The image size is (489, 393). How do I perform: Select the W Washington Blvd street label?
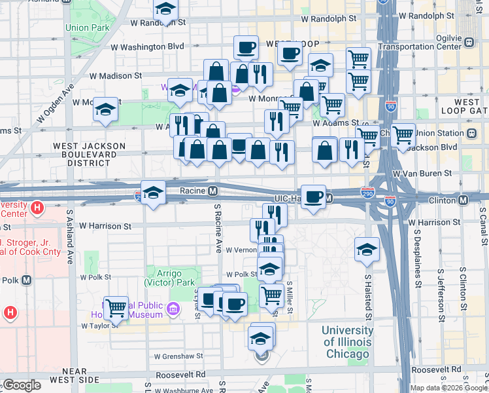147,47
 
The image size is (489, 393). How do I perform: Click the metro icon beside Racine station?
212,191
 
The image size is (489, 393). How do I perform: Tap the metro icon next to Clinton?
464,199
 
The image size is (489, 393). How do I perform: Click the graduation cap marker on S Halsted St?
367,249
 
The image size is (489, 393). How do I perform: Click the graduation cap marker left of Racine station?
153,193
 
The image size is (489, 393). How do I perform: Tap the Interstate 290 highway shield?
367,193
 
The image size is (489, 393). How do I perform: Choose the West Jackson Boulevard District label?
89,154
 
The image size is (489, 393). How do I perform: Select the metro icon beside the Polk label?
26,280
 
